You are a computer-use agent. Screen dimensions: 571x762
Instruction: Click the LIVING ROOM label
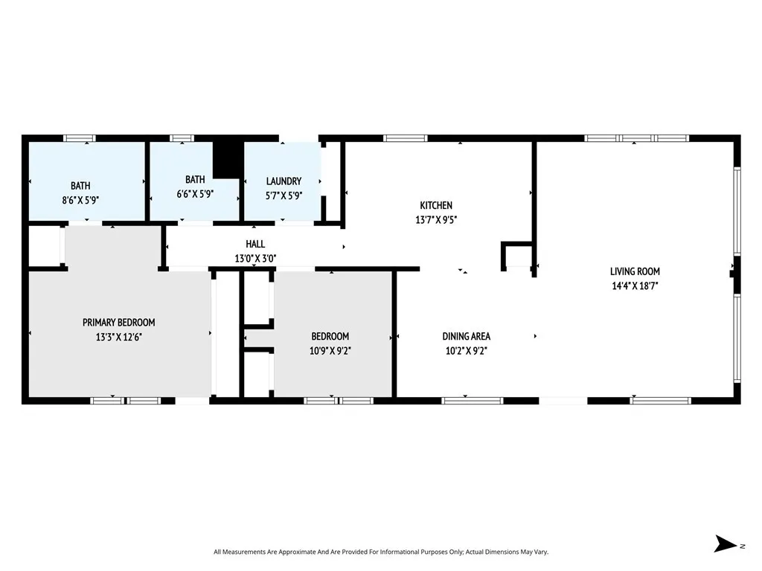click(x=635, y=271)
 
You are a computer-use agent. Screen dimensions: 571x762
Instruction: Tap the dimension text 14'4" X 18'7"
click(x=635, y=285)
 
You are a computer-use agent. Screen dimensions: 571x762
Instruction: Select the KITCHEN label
click(x=436, y=205)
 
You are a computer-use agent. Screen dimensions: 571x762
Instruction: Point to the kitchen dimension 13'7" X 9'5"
click(x=436, y=219)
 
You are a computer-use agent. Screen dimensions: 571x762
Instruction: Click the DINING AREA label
click(x=466, y=336)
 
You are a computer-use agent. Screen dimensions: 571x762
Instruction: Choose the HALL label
click(x=255, y=244)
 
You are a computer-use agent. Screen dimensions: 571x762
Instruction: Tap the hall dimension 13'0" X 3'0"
click(x=255, y=259)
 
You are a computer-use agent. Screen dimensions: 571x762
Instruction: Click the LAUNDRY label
click(x=284, y=181)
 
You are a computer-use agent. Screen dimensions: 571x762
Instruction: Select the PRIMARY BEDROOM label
click(x=119, y=322)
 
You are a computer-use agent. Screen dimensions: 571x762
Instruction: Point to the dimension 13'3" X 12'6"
click(x=119, y=337)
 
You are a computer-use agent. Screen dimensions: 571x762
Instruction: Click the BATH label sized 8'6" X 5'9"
click(x=80, y=185)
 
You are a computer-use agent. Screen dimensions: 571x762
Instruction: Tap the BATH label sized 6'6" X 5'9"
click(x=195, y=179)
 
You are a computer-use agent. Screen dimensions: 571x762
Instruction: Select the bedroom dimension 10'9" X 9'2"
click(x=330, y=350)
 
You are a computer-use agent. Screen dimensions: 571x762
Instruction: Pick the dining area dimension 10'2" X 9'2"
click(x=466, y=350)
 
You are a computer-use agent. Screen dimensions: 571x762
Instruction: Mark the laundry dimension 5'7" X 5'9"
click(x=284, y=196)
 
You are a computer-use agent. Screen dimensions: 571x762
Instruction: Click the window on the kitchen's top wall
click(x=406, y=138)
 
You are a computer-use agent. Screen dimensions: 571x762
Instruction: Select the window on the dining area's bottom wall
click(x=473, y=401)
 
